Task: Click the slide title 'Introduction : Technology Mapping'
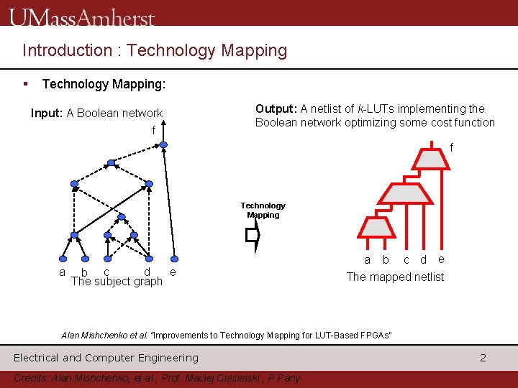(x=155, y=50)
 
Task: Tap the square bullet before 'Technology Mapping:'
(x=26, y=84)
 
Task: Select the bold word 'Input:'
(x=47, y=113)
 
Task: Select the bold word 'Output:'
(x=276, y=108)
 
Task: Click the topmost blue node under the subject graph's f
(x=163, y=144)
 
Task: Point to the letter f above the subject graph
(x=153, y=131)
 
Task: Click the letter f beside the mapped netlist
(x=452, y=147)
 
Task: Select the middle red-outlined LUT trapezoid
(x=404, y=193)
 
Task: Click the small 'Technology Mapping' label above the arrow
(x=263, y=210)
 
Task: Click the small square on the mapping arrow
(x=252, y=234)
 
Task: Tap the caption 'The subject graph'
(x=117, y=281)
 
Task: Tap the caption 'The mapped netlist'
(x=395, y=277)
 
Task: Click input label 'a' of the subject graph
(x=63, y=272)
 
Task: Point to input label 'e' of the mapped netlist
(x=441, y=259)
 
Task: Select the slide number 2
(x=483, y=357)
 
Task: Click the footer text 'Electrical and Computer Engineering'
(x=106, y=357)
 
